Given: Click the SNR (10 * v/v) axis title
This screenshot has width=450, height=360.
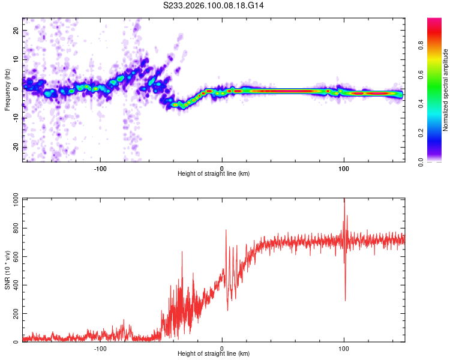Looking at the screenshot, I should tap(7, 270).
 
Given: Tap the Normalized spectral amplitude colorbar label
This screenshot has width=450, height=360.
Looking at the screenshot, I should tap(446, 90).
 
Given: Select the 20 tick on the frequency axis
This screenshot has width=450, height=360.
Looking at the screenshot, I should tap(16, 30).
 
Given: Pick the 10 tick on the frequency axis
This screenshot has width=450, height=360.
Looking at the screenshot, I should tap(16, 59).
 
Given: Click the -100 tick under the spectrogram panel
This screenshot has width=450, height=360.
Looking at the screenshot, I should tap(100, 168).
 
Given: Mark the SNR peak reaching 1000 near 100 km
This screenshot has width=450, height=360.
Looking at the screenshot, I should tap(344, 200).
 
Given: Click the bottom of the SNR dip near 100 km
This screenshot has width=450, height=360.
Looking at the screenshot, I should tap(345, 300).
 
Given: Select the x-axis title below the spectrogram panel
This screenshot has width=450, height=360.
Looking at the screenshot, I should tap(214, 174).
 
